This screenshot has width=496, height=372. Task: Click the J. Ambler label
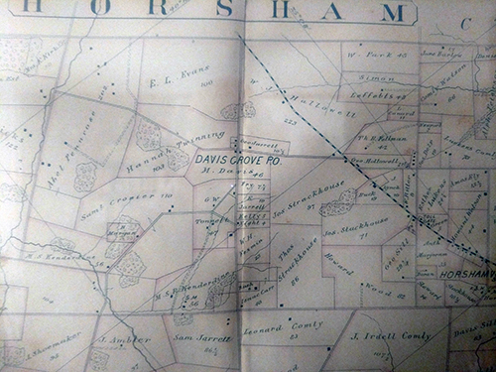106,340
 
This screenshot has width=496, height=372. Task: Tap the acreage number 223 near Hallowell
292,121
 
